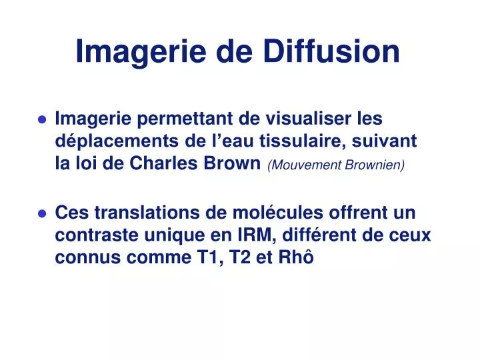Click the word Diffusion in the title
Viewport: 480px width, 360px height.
(x=333, y=51)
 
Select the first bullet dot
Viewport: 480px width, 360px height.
(x=42, y=121)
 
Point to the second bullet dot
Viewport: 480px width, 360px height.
(x=42, y=215)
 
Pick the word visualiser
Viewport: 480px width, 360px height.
(x=300, y=119)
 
